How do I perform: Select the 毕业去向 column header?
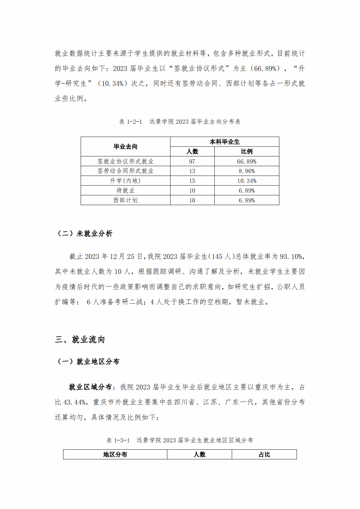point(125,147)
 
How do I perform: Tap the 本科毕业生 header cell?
point(224,142)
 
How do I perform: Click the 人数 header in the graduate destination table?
point(192,151)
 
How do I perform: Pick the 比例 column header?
point(247,151)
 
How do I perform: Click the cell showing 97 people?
point(192,161)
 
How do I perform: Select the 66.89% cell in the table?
point(247,161)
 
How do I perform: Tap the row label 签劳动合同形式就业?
point(125,171)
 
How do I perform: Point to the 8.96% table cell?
point(247,171)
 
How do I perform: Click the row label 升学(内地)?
point(125,181)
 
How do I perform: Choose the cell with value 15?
point(192,181)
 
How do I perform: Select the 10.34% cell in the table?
point(247,181)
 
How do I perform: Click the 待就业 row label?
point(125,190)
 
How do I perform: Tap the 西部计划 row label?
point(125,200)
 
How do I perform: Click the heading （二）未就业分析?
point(85,233)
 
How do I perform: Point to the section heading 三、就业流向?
point(80,340)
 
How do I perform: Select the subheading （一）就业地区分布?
point(89,361)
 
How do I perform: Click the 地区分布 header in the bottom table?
point(115,454)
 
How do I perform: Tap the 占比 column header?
point(264,454)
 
